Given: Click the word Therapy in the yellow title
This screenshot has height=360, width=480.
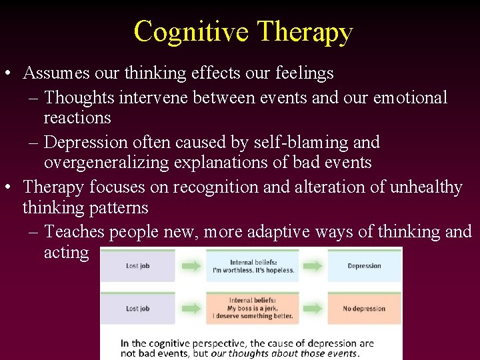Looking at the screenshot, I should click(305, 31).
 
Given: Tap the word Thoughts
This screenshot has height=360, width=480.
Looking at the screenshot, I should click(79, 97).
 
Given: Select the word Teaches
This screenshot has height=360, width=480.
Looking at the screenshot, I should click(74, 232).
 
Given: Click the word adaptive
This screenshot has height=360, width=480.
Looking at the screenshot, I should click(260, 232).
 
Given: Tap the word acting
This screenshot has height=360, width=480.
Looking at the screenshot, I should click(66, 252).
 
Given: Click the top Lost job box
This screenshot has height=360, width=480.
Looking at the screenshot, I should click(137, 266).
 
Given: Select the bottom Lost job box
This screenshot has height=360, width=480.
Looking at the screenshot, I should click(137, 309).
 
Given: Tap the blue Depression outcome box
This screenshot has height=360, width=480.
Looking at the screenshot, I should click(364, 266).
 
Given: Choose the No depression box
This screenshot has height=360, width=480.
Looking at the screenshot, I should click(364, 309).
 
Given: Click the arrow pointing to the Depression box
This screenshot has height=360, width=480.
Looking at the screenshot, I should click(310, 266).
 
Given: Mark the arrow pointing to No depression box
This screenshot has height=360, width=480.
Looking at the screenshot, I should click(310, 309).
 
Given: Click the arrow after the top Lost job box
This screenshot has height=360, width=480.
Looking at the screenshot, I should click(191, 266).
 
